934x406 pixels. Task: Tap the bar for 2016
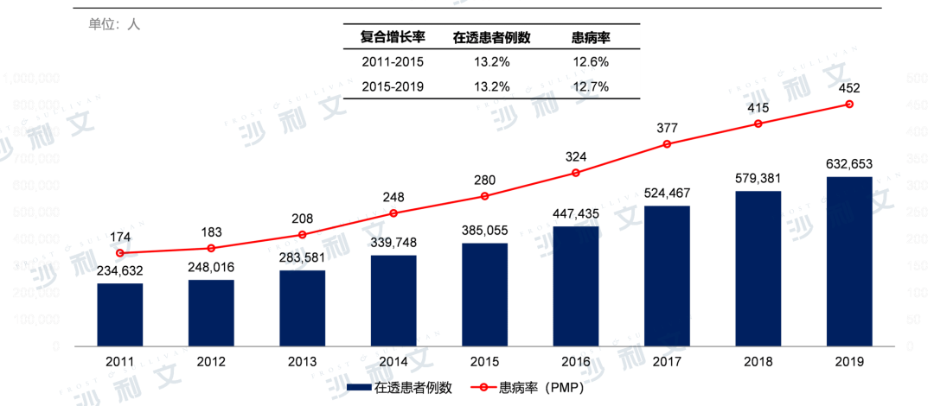[x=576, y=286]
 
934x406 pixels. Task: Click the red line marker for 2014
[x=393, y=213]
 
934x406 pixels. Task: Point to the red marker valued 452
[x=849, y=104]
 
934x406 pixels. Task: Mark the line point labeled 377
[x=667, y=143]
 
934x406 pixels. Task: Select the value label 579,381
[x=758, y=177]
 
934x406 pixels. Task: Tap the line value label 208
[x=303, y=219]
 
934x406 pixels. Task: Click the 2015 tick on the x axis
[x=484, y=361]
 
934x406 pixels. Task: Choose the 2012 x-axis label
[x=211, y=361]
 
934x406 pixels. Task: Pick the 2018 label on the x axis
[x=758, y=361]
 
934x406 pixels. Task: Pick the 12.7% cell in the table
[x=591, y=86]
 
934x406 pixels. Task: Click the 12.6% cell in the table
[x=591, y=62]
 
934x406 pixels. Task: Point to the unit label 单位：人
[x=113, y=24]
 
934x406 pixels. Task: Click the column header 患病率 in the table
[x=591, y=36]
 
